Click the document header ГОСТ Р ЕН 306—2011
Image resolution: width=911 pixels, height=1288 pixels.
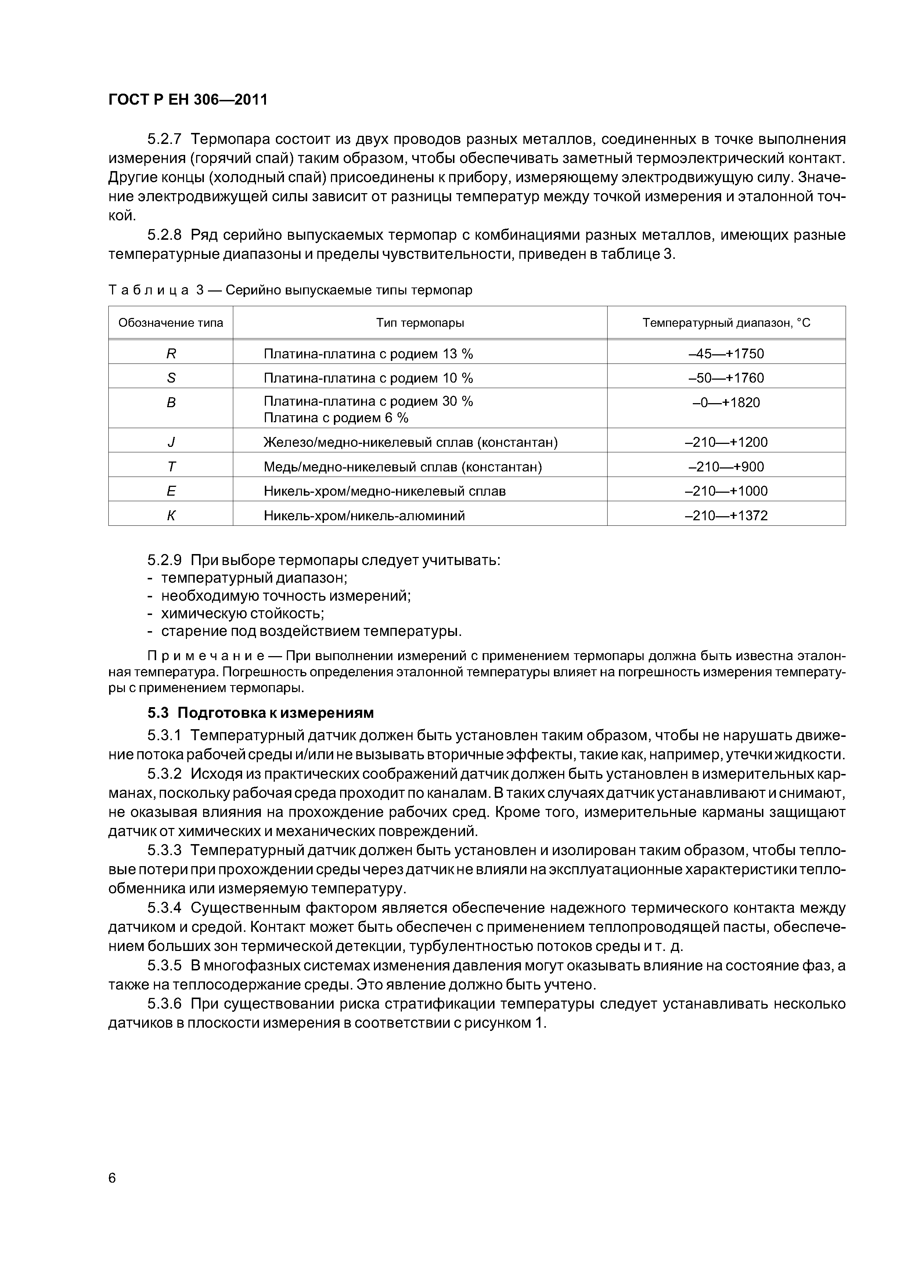pos(187,100)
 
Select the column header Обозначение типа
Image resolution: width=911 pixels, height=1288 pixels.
pos(171,323)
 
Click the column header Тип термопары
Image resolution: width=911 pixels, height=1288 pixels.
pos(420,323)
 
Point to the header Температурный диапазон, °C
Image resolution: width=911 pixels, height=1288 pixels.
pos(726,323)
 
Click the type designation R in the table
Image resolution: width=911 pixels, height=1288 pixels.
pos(171,354)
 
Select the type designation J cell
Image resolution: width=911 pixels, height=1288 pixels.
pos(171,442)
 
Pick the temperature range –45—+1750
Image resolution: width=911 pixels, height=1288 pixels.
pos(726,354)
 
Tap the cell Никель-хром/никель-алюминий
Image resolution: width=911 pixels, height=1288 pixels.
pos(364,515)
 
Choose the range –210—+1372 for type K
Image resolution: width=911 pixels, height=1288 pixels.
pos(726,515)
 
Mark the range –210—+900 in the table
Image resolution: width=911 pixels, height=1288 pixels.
pos(726,467)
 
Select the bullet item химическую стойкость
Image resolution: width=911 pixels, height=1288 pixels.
pos(242,613)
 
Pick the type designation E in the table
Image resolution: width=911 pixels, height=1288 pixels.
pos(171,491)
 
